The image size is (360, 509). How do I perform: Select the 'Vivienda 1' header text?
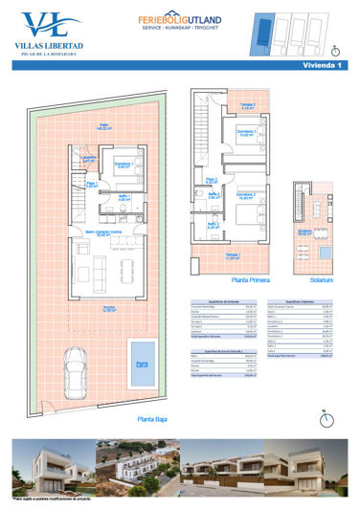click(325, 64)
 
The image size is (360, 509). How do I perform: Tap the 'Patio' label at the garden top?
click(103, 124)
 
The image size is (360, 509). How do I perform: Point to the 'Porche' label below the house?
click(110, 308)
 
